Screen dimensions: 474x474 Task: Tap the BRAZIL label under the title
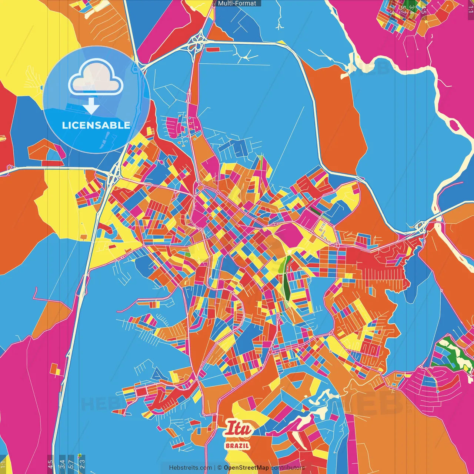(237, 445)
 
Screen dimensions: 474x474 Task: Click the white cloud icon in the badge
(96, 77)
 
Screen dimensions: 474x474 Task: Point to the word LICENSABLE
(96, 125)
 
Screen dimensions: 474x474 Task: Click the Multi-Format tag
(237, 3)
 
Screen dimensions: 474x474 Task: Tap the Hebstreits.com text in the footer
(190, 468)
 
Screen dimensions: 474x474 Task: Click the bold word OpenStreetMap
(246, 468)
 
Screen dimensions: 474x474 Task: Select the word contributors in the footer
(288, 468)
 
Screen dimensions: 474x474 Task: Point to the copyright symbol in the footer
(219, 468)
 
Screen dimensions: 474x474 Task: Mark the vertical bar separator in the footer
(215, 468)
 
